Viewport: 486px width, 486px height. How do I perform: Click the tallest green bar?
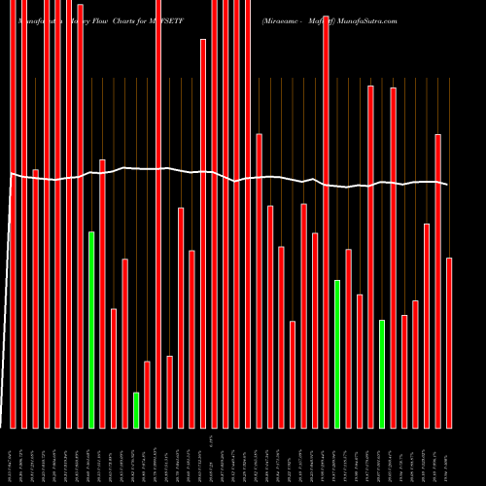coord(91,330)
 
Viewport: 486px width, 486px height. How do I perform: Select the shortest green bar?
coord(136,409)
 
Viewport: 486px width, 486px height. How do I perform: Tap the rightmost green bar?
coord(382,373)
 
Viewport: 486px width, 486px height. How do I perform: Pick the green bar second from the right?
coord(337,354)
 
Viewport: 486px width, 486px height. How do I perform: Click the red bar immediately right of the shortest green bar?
coord(147,394)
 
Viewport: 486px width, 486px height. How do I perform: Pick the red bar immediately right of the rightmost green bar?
coord(394,258)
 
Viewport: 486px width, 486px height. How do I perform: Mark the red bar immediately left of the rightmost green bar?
coord(370,257)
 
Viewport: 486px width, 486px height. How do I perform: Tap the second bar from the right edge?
coord(438,281)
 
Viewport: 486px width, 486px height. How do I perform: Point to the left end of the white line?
coord(10,174)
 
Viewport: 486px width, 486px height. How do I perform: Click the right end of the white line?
coord(448,185)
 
